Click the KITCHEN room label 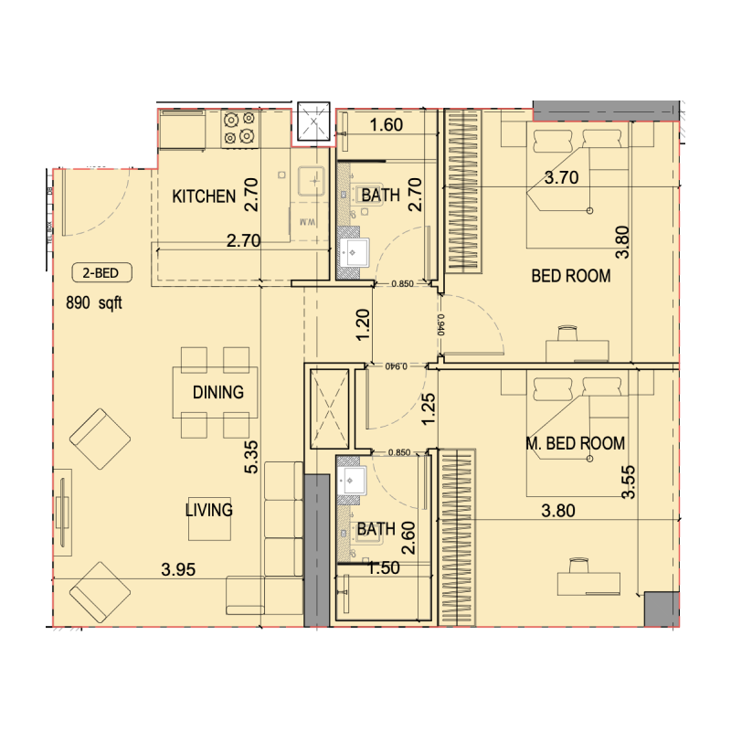(205, 196)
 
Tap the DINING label (218, 393)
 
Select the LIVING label (209, 510)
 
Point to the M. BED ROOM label (576, 444)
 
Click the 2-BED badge (101, 271)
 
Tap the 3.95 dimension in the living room (179, 570)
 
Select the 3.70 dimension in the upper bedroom (561, 179)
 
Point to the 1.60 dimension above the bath (386, 126)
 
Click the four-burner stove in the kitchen (239, 128)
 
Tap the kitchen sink (311, 179)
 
